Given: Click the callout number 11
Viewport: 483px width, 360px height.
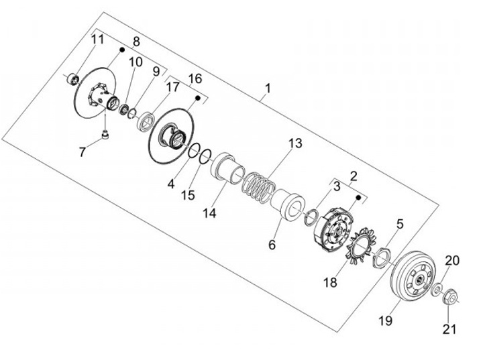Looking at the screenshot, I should click(x=98, y=40).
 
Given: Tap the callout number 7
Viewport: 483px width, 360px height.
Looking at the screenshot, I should click(x=83, y=152).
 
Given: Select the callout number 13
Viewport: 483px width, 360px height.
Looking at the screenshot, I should click(x=295, y=143).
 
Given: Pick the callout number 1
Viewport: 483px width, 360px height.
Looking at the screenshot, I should click(x=268, y=88).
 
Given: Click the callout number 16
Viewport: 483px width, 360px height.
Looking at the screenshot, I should click(x=195, y=79).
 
